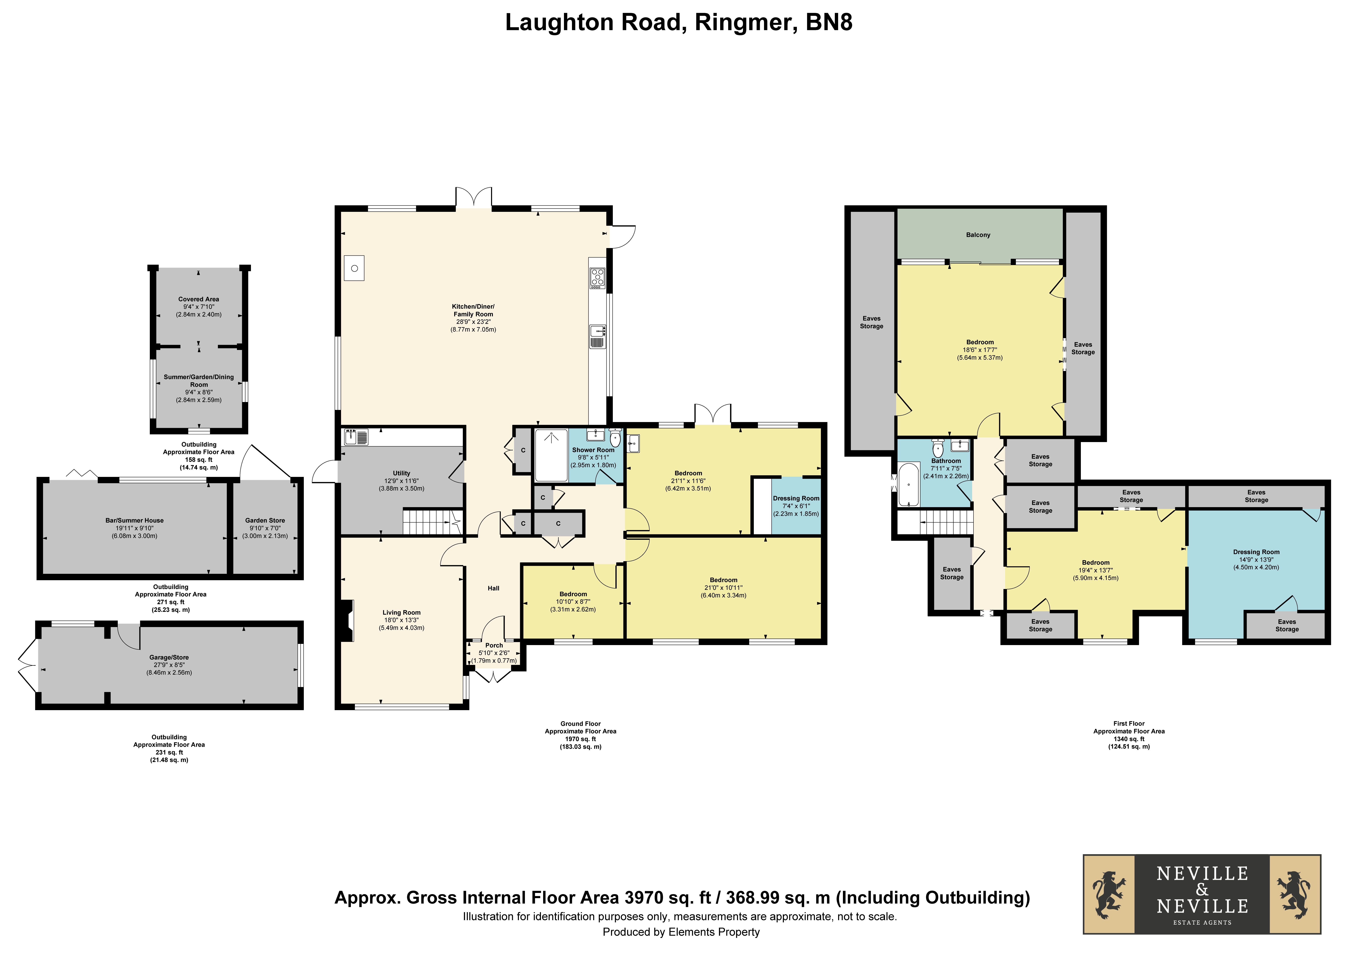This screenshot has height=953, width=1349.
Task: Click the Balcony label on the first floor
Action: [x=978, y=235]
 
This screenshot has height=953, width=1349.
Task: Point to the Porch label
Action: [x=494, y=645]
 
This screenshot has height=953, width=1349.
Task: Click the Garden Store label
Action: [x=265, y=521]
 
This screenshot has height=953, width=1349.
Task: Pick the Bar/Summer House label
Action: [x=135, y=521]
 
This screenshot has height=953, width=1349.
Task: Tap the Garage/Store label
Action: [x=169, y=657]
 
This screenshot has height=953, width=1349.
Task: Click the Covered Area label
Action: [x=199, y=299]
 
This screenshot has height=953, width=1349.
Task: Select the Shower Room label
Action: [x=593, y=450]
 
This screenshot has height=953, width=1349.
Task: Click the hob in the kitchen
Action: [x=598, y=278]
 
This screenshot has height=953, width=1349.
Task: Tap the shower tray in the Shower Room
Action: [x=551, y=455]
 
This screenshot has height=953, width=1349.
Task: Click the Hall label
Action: [x=493, y=588]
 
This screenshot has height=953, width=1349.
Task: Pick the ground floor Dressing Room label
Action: [x=796, y=498]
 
